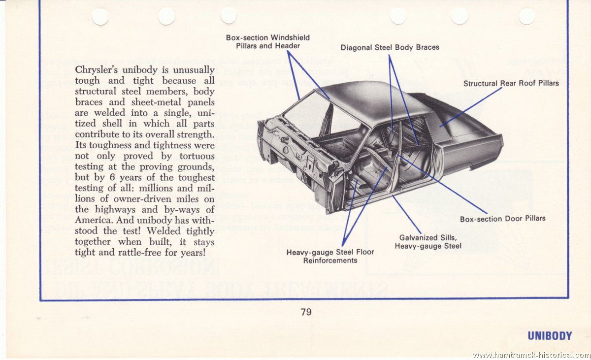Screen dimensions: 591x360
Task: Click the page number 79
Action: pyautogui.click(x=306, y=312)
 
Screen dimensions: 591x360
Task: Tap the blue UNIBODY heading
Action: pyautogui.click(x=550, y=336)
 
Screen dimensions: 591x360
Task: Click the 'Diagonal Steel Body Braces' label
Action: pyautogui.click(x=390, y=47)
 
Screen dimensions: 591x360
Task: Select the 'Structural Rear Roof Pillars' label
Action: pyautogui.click(x=511, y=83)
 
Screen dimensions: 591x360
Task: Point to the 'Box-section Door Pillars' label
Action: pyautogui.click(x=503, y=219)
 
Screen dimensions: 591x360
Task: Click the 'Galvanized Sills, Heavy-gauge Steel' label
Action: pyautogui.click(x=428, y=242)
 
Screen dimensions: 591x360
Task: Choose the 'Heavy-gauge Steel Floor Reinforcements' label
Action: pyautogui.click(x=330, y=257)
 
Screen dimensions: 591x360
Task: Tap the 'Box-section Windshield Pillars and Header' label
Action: pyautogui.click(x=268, y=42)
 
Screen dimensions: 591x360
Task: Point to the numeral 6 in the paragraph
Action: pyautogui.click(x=112, y=177)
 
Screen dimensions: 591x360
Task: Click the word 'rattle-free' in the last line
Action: pyautogui.click(x=140, y=253)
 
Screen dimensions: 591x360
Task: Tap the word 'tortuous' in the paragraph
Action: pyautogui.click(x=197, y=156)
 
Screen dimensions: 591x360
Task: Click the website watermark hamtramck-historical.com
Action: pyautogui.click(x=531, y=355)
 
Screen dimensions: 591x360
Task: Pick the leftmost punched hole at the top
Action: pyautogui.click(x=100, y=17)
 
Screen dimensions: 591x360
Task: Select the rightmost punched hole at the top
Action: pyautogui.click(x=526, y=16)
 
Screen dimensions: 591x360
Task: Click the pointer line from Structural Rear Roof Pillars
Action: pyautogui.click(x=471, y=107)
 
